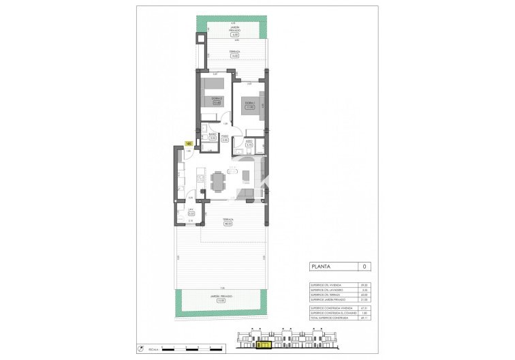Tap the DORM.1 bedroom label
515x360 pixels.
coord(250,103)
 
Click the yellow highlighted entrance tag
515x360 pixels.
coord(188,143)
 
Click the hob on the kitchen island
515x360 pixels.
coord(201,178)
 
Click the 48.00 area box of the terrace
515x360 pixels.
coord(229,224)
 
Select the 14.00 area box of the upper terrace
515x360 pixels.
coord(234,56)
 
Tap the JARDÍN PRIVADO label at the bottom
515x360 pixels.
coord(221,297)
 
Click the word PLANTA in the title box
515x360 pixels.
coord(322,267)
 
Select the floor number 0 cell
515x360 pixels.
coord(365,267)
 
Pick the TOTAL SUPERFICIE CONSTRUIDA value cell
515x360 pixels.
coord(366,318)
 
